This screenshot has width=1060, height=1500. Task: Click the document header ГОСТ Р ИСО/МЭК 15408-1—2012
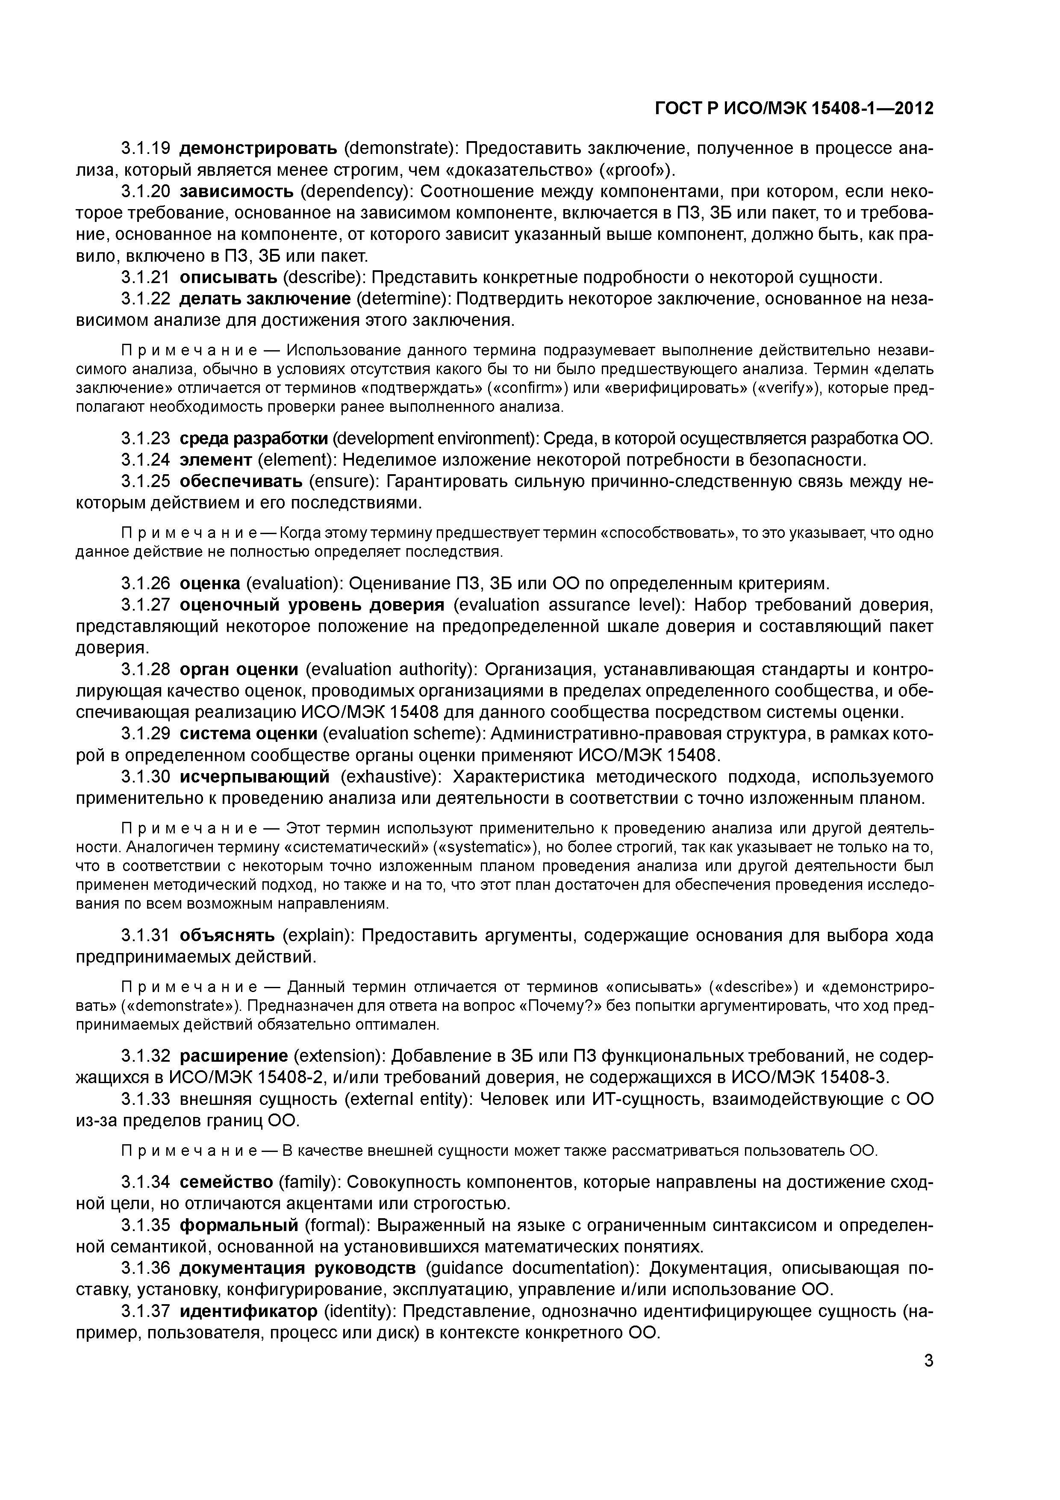794,109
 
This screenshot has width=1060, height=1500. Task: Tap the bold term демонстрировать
258,149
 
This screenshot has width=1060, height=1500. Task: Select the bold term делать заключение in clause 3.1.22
265,299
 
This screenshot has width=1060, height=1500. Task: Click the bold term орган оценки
238,670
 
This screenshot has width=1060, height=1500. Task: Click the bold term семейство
226,1182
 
